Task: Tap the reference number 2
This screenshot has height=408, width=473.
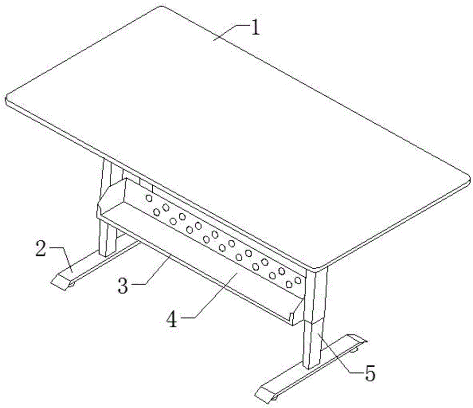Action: pos(41,249)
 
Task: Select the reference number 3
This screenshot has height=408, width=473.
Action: pos(123,285)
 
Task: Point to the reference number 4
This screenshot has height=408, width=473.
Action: pos(172,319)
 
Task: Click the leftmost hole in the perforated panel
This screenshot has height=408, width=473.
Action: pos(149,198)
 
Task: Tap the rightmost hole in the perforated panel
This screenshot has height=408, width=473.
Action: pos(298,280)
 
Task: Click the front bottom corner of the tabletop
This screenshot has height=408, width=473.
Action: pos(318,268)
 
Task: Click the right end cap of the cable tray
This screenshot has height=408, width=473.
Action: pos(297,311)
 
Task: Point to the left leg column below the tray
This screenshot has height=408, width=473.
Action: pos(107,239)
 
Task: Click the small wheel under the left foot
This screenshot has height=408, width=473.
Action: pos(71,284)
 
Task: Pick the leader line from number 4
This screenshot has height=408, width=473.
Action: pos(211,295)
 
